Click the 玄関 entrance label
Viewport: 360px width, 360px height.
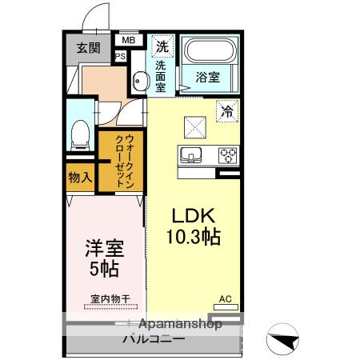[88, 47]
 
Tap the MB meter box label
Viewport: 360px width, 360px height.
[128, 39]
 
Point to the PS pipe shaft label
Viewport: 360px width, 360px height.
[120, 56]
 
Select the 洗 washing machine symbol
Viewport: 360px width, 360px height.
[162, 45]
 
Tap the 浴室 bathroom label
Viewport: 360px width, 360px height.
[208, 78]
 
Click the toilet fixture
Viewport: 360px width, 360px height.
[80, 134]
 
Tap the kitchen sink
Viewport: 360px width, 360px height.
[192, 155]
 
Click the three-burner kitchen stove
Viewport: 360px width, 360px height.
[226, 155]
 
